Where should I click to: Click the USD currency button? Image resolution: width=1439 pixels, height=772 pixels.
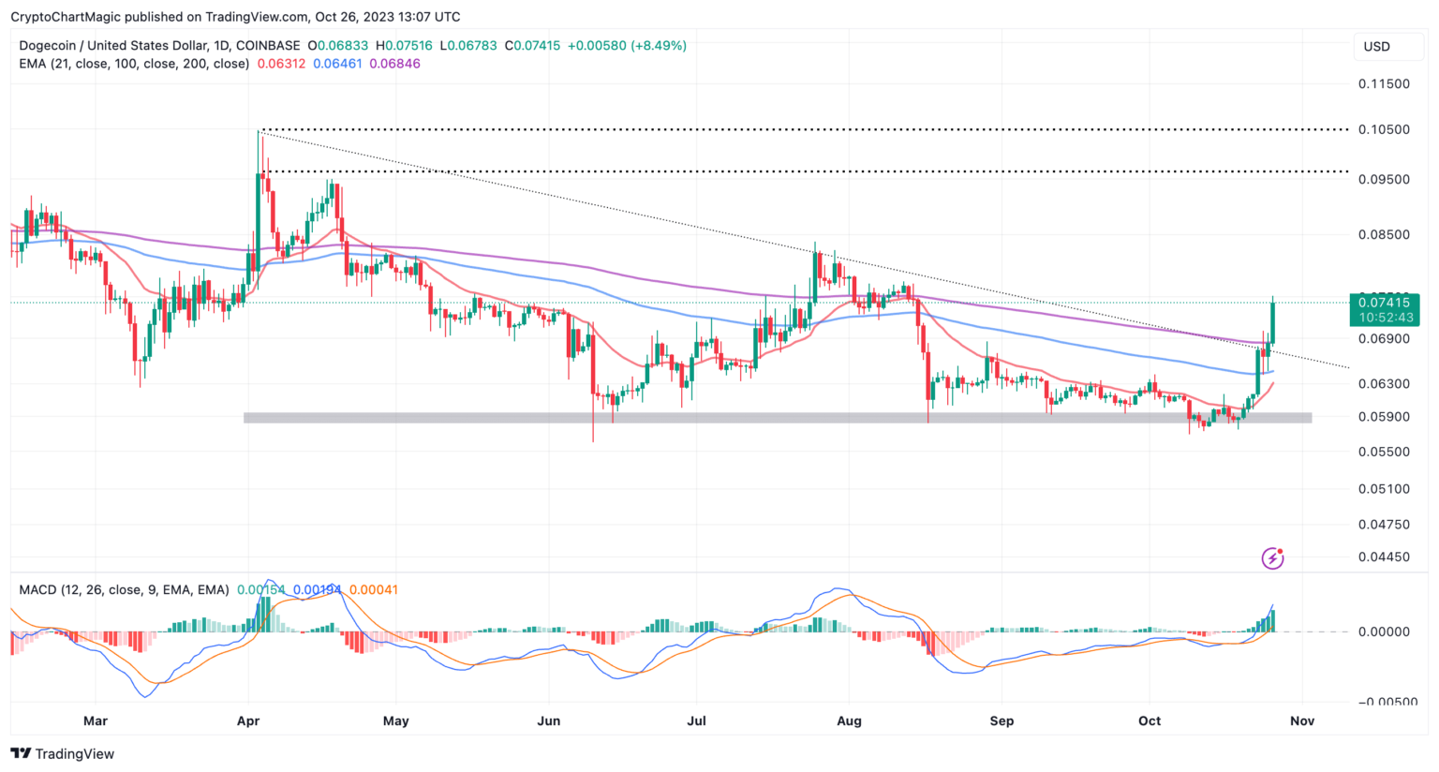click(1376, 47)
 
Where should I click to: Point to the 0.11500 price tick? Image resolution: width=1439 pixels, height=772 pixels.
click(1384, 84)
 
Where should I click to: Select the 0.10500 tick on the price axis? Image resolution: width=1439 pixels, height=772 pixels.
click(1384, 130)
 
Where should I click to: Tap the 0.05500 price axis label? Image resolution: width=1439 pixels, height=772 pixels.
click(1384, 452)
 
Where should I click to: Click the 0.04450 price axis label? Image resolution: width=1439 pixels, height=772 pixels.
click(1384, 557)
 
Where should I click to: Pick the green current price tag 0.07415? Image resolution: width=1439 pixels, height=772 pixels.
click(1384, 303)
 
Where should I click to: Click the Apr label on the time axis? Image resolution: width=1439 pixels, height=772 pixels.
click(248, 721)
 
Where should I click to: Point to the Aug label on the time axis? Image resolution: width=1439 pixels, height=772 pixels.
click(849, 721)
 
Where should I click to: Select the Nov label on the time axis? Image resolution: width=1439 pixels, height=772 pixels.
click(1302, 721)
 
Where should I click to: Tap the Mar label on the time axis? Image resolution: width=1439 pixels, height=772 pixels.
click(95, 721)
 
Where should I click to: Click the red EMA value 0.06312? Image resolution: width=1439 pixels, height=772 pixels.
click(281, 64)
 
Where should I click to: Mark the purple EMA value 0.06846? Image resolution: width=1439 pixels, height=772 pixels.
click(394, 64)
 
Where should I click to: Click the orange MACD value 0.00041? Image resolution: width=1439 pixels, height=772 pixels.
click(373, 590)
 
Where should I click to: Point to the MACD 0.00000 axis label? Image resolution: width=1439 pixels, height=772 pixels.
click(1384, 632)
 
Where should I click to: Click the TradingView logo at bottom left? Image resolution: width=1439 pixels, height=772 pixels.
click(62, 754)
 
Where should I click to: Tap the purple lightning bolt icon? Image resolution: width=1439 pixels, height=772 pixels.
click(1272, 558)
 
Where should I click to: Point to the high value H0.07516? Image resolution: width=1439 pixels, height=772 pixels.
click(405, 46)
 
